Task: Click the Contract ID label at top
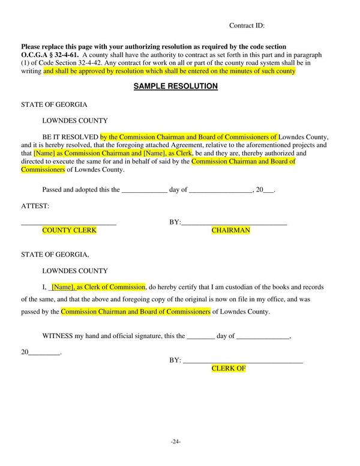coord(247,26)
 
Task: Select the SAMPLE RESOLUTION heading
coord(175,86)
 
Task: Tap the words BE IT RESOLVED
coord(70,136)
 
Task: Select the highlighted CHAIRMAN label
coord(230,230)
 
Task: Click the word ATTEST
coord(35,206)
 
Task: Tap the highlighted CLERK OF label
coord(229,368)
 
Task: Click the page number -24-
coord(176,441)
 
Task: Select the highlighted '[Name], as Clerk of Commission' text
coord(98,287)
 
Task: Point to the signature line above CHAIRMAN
coord(234,223)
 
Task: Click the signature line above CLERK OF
coord(242,362)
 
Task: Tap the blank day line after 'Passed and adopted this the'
coord(144,190)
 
